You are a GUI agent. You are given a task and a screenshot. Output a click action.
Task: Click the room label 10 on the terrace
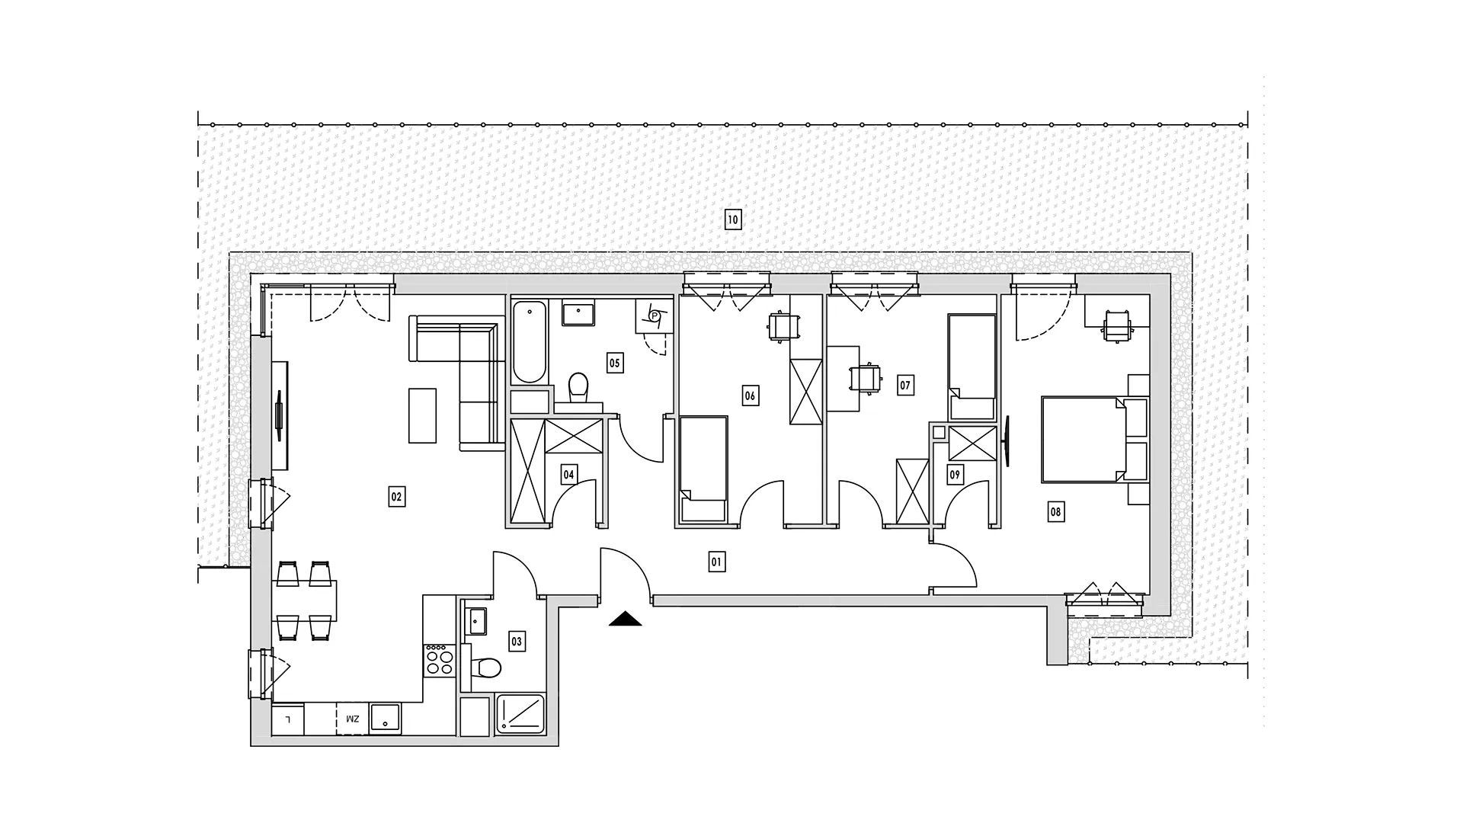(x=732, y=220)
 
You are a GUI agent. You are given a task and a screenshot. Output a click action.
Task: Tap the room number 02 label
(x=396, y=497)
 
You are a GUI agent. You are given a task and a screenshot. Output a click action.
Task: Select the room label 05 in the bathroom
(x=614, y=363)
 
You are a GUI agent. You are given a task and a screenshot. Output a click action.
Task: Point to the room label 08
(x=1055, y=512)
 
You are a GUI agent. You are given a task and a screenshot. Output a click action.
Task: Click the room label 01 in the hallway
(x=716, y=562)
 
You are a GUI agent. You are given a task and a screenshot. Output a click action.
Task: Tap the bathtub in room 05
(x=530, y=341)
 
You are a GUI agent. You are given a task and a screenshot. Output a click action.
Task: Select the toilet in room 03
(x=485, y=668)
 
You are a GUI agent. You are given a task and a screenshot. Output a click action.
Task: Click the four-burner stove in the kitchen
(x=439, y=659)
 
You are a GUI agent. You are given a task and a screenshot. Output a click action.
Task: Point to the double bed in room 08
(x=1084, y=439)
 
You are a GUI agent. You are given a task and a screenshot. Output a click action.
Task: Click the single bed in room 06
(x=703, y=469)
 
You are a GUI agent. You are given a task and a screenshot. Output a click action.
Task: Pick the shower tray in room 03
(x=520, y=715)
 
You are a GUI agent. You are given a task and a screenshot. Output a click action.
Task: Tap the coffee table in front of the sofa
(x=423, y=415)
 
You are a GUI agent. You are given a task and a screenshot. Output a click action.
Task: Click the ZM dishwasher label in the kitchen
(x=352, y=719)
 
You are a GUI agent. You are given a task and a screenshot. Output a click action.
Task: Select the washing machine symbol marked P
(x=654, y=315)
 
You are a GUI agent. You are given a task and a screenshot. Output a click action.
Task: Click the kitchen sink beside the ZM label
(x=385, y=719)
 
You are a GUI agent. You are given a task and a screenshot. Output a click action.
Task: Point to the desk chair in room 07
(x=866, y=377)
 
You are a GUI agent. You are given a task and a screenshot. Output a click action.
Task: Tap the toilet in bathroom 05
(x=579, y=388)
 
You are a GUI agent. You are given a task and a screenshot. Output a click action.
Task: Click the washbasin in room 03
(x=477, y=621)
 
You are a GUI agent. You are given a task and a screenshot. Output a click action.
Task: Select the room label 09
(x=955, y=475)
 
